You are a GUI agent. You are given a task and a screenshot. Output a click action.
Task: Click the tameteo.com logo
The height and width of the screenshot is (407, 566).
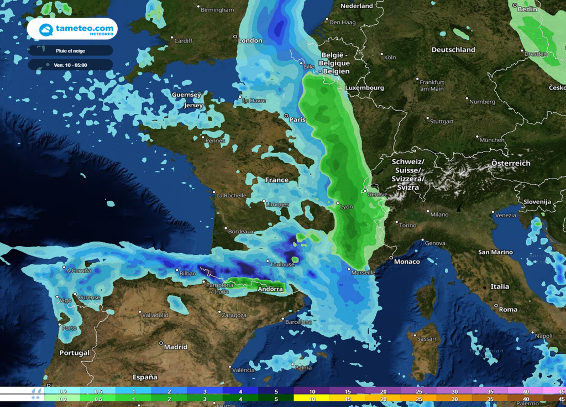coord(71,29)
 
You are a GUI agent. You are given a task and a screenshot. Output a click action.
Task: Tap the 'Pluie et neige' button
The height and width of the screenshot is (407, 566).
coord(70,50)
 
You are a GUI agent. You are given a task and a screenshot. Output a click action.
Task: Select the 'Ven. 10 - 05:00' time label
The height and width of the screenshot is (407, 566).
coord(70,65)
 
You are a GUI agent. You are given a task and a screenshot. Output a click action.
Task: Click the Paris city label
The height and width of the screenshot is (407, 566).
coord(297,119)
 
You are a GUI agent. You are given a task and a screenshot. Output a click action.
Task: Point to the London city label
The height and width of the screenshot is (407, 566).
coord(250,40)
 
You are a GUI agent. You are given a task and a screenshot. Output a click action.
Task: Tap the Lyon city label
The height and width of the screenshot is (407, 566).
coord(346,207)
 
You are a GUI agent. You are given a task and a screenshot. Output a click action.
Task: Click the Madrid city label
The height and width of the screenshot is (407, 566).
coord(175,347)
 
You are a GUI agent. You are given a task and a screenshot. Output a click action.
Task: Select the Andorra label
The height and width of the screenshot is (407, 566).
coord(270,289)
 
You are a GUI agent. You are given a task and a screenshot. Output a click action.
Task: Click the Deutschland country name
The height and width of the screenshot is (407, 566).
coord(453,50)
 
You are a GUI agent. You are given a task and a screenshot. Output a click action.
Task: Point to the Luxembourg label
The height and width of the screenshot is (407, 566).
coord(364,88)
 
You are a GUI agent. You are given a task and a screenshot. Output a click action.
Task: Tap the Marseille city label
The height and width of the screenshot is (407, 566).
coord(363,273)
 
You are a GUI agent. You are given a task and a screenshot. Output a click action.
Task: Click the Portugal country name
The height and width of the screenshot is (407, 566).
coord(74,353)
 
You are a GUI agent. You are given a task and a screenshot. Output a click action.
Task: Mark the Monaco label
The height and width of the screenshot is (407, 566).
coord(407,262)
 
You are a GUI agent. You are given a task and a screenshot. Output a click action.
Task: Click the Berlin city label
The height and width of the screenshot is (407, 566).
coord(527,9)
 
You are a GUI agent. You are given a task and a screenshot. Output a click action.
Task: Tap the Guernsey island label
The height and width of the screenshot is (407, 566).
coord(186,95)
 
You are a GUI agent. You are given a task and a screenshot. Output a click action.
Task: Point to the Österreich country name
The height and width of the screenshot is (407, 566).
coord(511,163)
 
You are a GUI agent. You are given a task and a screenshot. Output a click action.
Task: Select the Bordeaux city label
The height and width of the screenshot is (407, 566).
coord(240,231)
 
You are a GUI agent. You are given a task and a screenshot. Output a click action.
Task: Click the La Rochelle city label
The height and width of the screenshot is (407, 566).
coord(231,195)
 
